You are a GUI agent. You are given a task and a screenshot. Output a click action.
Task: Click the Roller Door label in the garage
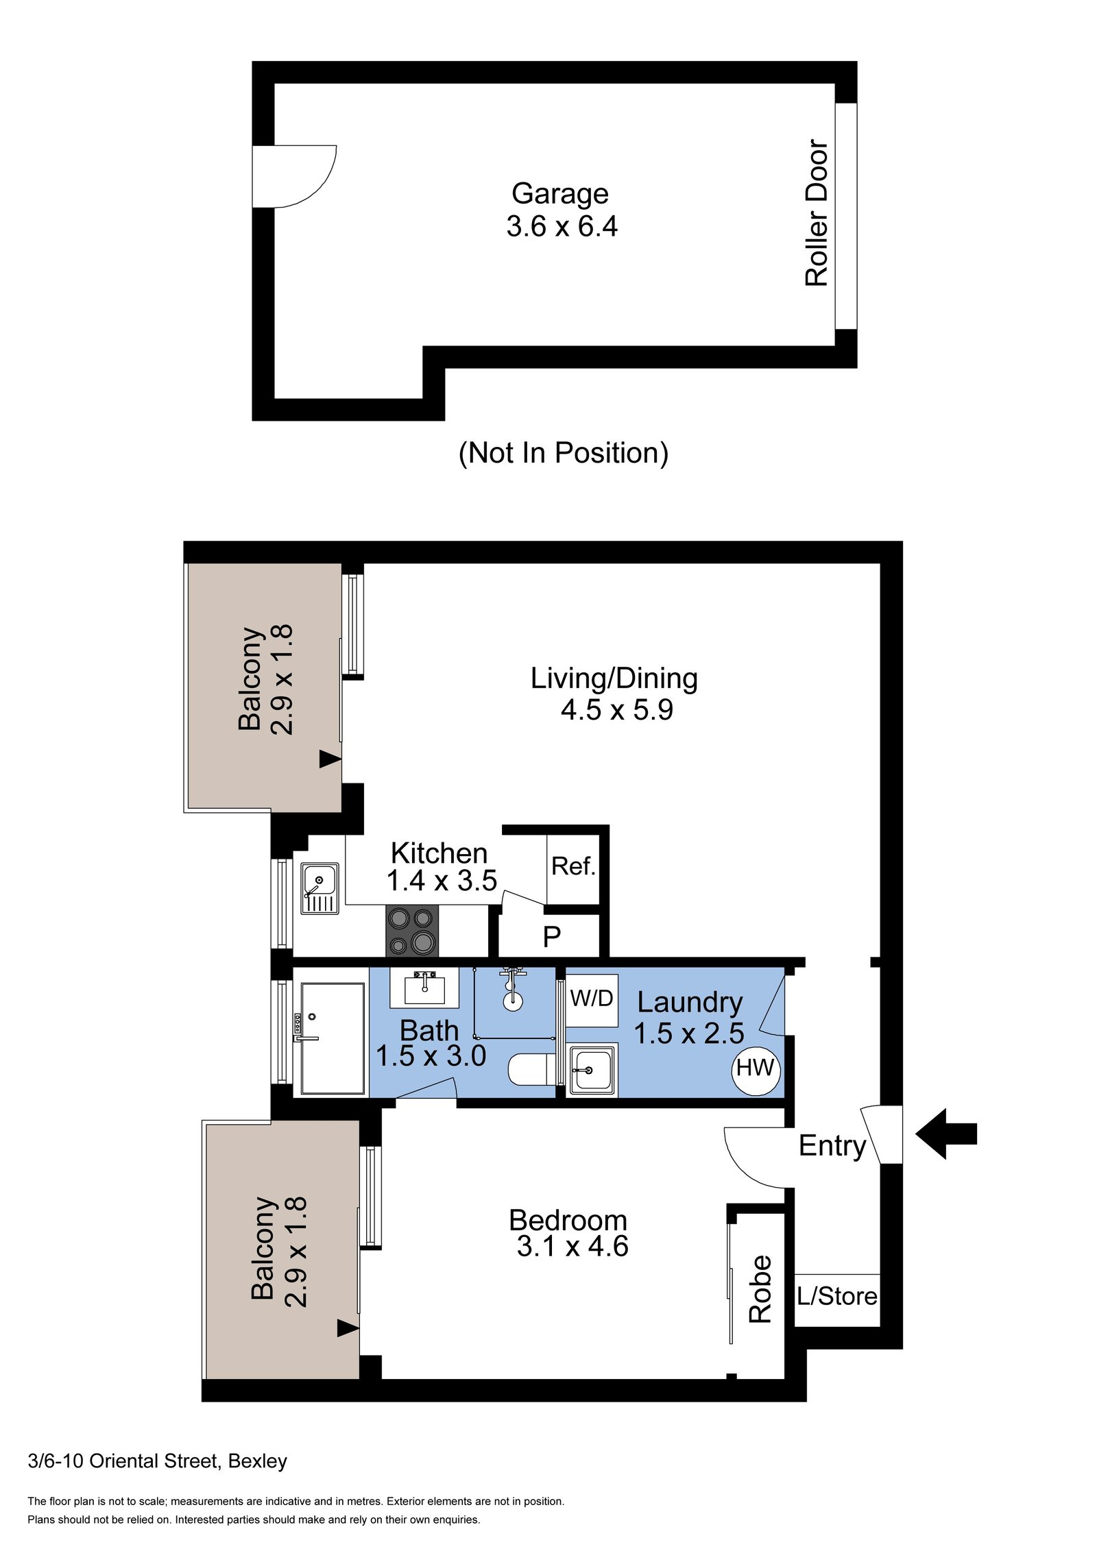(x=816, y=212)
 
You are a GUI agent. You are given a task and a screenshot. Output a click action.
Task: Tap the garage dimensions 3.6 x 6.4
(x=562, y=227)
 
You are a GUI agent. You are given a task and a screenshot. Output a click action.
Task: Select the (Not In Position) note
(x=563, y=453)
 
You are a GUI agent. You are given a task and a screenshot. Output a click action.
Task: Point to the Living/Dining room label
(x=614, y=679)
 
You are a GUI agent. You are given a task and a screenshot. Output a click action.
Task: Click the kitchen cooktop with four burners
(x=411, y=931)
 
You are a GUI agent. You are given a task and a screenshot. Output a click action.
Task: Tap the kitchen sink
(x=320, y=888)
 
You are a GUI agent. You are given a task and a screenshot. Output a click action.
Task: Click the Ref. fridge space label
(x=573, y=866)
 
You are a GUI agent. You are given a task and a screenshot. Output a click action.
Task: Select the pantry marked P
(x=551, y=936)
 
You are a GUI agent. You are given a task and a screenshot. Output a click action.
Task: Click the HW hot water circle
(x=755, y=1068)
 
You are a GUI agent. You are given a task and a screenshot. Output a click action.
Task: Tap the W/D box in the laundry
(x=592, y=999)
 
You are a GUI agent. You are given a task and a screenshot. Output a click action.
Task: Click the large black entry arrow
(x=946, y=1134)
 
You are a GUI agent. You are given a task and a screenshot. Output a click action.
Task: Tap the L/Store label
(x=836, y=1296)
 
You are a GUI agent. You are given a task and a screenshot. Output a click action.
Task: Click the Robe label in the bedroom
(x=760, y=1289)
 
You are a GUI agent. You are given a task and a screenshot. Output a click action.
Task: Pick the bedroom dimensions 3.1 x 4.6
(x=572, y=1245)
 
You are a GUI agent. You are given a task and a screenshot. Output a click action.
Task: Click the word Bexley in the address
(x=257, y=1461)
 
